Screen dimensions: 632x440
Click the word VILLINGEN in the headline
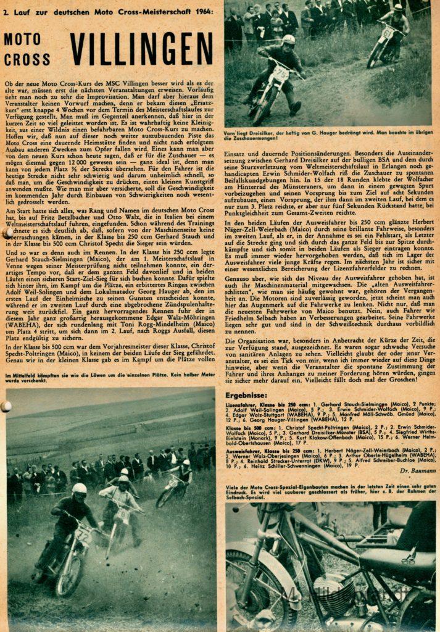(141, 48)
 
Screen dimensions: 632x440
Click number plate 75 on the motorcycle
(280, 73)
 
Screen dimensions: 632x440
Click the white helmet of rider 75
(288, 40)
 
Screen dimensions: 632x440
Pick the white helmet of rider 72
(79, 489)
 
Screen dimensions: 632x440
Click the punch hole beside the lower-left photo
(6, 406)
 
